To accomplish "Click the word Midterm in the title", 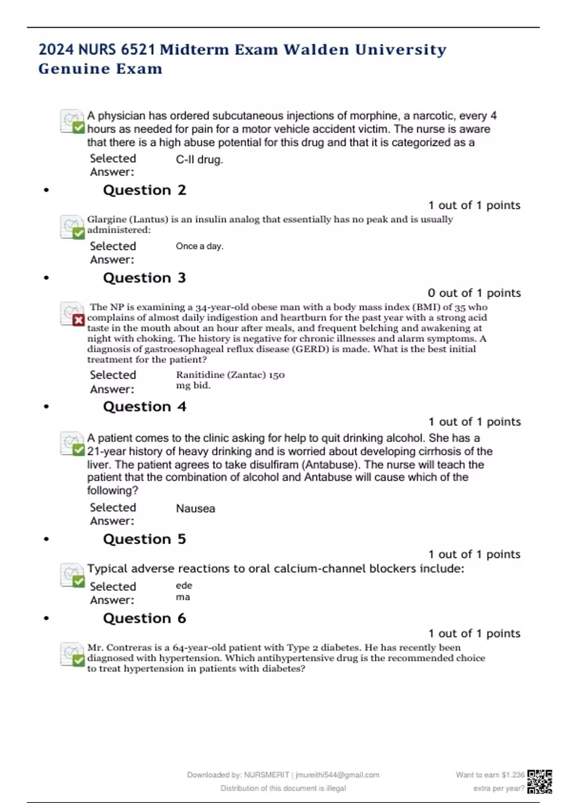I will point(195,50).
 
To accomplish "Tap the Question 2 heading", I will point(145,190).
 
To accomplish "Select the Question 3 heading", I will point(145,278).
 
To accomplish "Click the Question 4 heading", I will point(145,407).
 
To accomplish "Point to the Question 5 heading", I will point(145,539).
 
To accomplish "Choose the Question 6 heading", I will point(145,618).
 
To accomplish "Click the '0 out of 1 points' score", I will point(474,293).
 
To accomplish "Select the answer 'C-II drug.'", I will point(199,160).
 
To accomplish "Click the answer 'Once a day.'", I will point(199,246).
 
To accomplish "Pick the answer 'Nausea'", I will point(196,509).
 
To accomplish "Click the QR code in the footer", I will point(540,781).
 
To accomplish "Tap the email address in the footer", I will point(337,775).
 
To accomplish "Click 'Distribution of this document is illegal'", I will point(283,788).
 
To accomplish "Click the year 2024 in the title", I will point(56,50).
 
